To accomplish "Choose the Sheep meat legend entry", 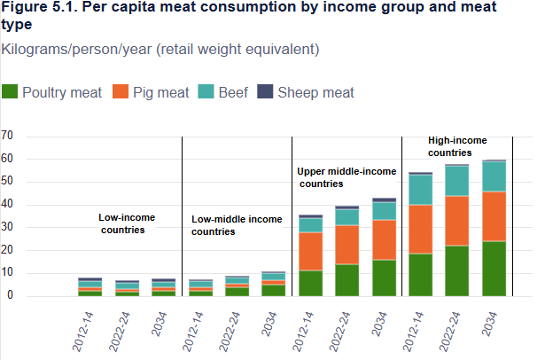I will pyautogui.click(x=306, y=92).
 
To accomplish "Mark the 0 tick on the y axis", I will pyautogui.click(x=10, y=296).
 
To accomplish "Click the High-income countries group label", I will pyautogui.click(x=456, y=146).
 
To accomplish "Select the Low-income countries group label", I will pyautogui.click(x=121, y=223).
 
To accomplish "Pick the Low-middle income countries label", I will pyautogui.click(x=237, y=225).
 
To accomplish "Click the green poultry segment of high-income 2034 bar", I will pyautogui.click(x=501, y=269).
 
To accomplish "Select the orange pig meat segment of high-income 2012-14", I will pyautogui.click(x=421, y=229).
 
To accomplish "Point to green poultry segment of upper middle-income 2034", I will pyautogui.click(x=384, y=278).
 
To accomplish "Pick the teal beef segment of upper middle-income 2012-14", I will pyautogui.click(x=310, y=225).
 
